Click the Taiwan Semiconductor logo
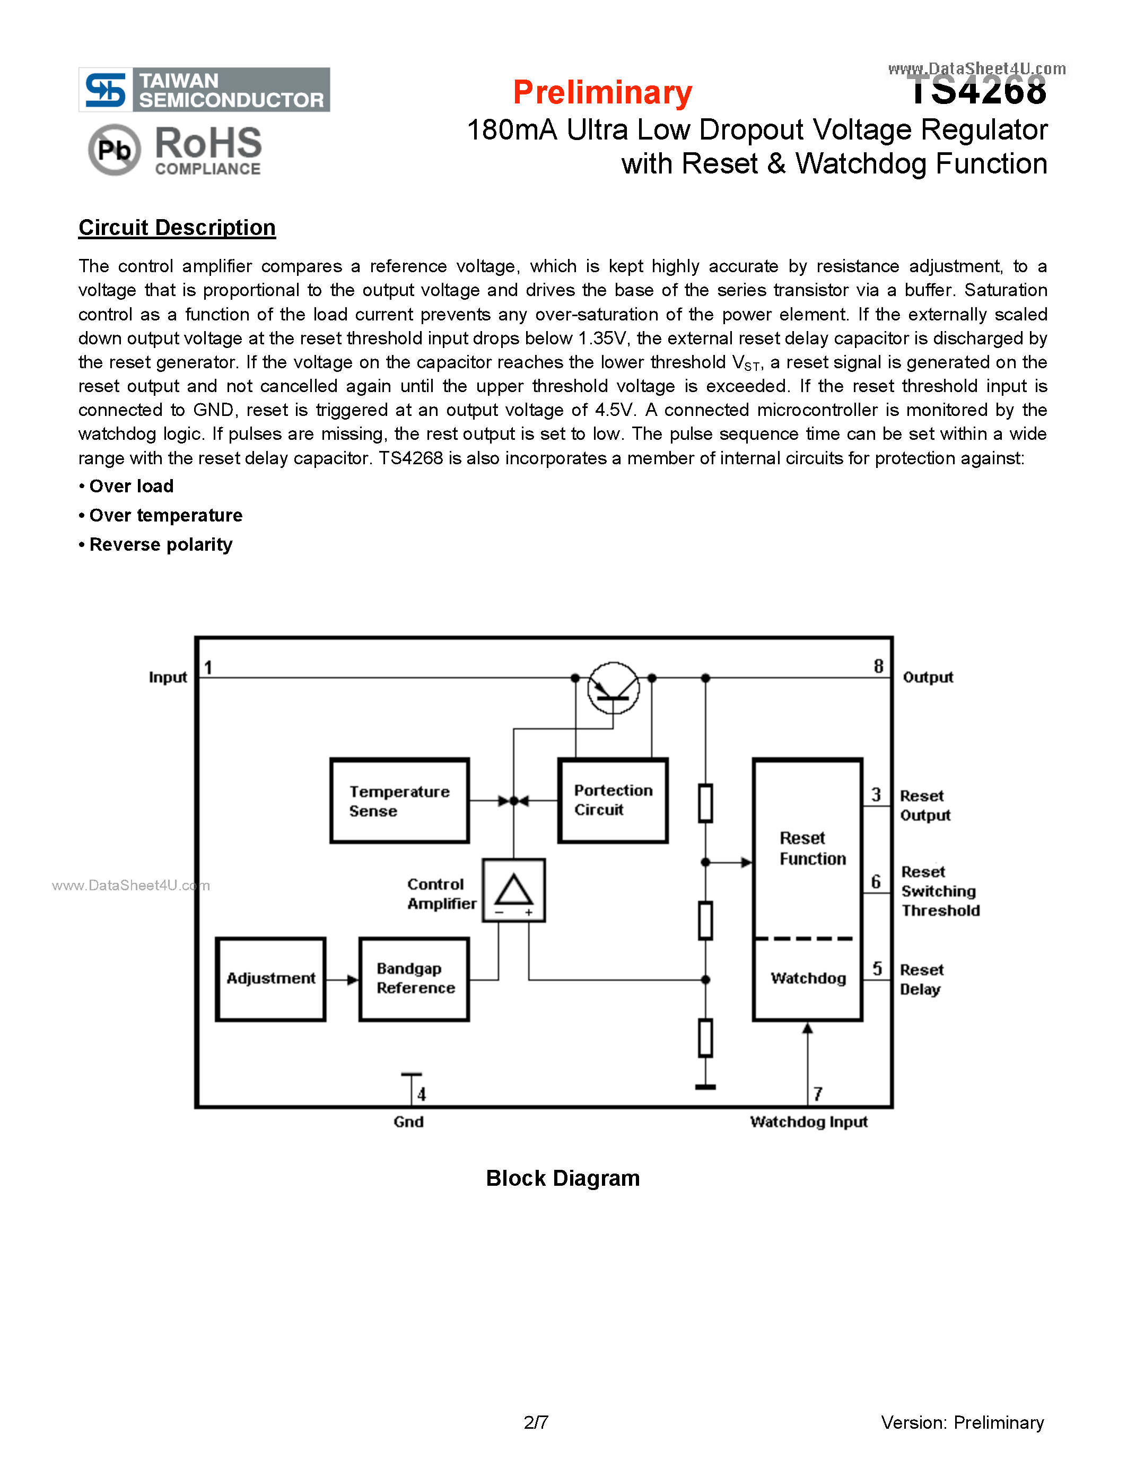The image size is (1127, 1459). pos(204,90)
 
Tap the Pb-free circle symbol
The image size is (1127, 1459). pos(114,150)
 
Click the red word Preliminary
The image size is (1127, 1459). pos(602,92)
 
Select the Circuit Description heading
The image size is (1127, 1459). pos(177,228)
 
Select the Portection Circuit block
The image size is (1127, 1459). pos(612,800)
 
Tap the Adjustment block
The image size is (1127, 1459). pos(270,979)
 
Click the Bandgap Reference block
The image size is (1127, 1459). pos(414,979)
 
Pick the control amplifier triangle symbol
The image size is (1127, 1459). pos(513,890)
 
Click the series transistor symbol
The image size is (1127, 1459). pos(613,688)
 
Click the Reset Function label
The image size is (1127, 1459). pos(812,848)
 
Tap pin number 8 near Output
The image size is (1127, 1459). pos(878,666)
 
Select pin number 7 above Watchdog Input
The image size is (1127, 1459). pos(817,1093)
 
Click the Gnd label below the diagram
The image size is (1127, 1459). pos(408,1122)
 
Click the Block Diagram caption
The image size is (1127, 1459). pos(562,1178)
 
